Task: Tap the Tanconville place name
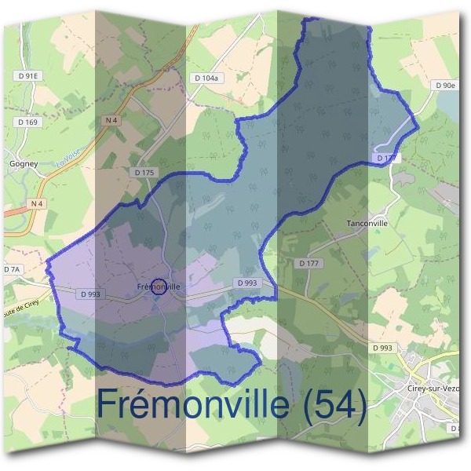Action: (x=367, y=223)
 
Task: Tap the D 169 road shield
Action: (x=27, y=122)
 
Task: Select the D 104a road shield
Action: (x=208, y=78)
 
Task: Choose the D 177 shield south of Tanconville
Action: (x=310, y=263)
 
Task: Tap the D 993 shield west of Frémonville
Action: (x=89, y=294)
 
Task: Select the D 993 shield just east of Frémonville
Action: (x=246, y=283)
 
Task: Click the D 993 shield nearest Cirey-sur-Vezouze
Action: (x=384, y=348)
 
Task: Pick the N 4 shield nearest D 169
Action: (x=109, y=119)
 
